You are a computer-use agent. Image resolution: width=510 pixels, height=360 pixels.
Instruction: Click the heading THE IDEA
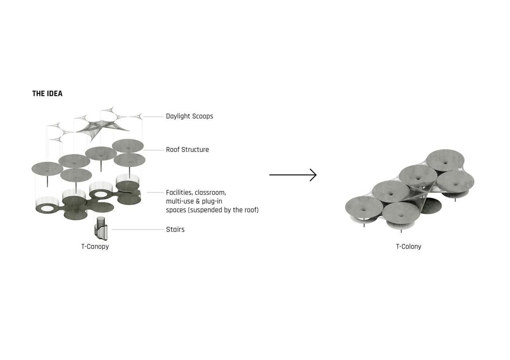click(x=47, y=94)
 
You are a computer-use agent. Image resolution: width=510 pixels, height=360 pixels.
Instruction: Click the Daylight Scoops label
click(x=189, y=116)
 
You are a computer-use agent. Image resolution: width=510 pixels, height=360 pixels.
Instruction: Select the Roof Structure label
click(x=187, y=150)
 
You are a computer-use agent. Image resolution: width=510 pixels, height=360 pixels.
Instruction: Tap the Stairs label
click(x=175, y=229)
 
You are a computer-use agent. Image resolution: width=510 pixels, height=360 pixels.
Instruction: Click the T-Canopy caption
click(x=95, y=247)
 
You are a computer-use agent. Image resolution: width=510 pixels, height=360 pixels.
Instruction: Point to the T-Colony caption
click(x=408, y=247)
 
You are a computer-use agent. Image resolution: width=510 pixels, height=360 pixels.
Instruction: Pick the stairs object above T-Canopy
click(x=101, y=229)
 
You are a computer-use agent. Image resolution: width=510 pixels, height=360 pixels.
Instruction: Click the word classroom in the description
click(x=210, y=193)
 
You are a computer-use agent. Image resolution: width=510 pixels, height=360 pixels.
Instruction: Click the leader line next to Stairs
click(x=137, y=229)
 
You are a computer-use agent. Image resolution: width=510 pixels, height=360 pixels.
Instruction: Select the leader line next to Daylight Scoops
click(x=153, y=117)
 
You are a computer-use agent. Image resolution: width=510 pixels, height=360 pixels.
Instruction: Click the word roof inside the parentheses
click(x=249, y=210)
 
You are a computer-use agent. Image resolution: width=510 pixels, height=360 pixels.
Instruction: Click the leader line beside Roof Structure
click(x=153, y=150)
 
